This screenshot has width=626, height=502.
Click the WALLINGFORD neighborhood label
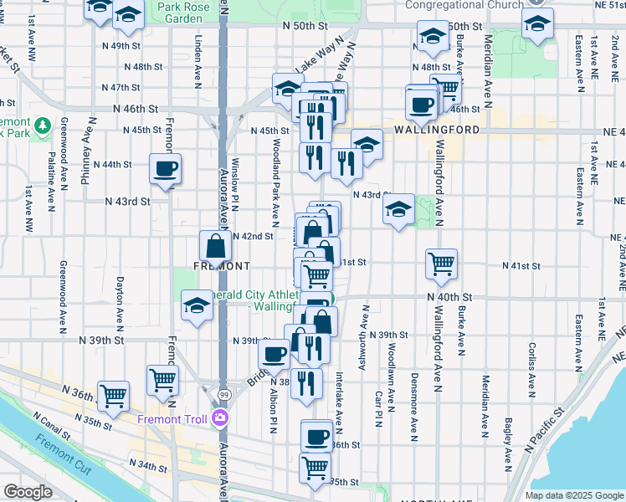point(433,131)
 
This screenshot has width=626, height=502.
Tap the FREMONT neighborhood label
point(222,265)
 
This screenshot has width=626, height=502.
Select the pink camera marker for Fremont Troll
point(220,417)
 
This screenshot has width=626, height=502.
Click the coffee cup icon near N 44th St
point(165,169)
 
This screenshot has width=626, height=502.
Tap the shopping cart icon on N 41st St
point(441,264)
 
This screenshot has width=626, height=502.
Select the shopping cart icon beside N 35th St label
point(315,468)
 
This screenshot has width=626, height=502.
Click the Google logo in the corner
point(28,491)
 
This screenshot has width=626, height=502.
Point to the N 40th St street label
point(449,297)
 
